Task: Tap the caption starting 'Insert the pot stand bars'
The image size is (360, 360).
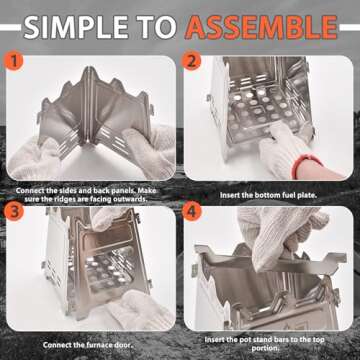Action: pos(271,339)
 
